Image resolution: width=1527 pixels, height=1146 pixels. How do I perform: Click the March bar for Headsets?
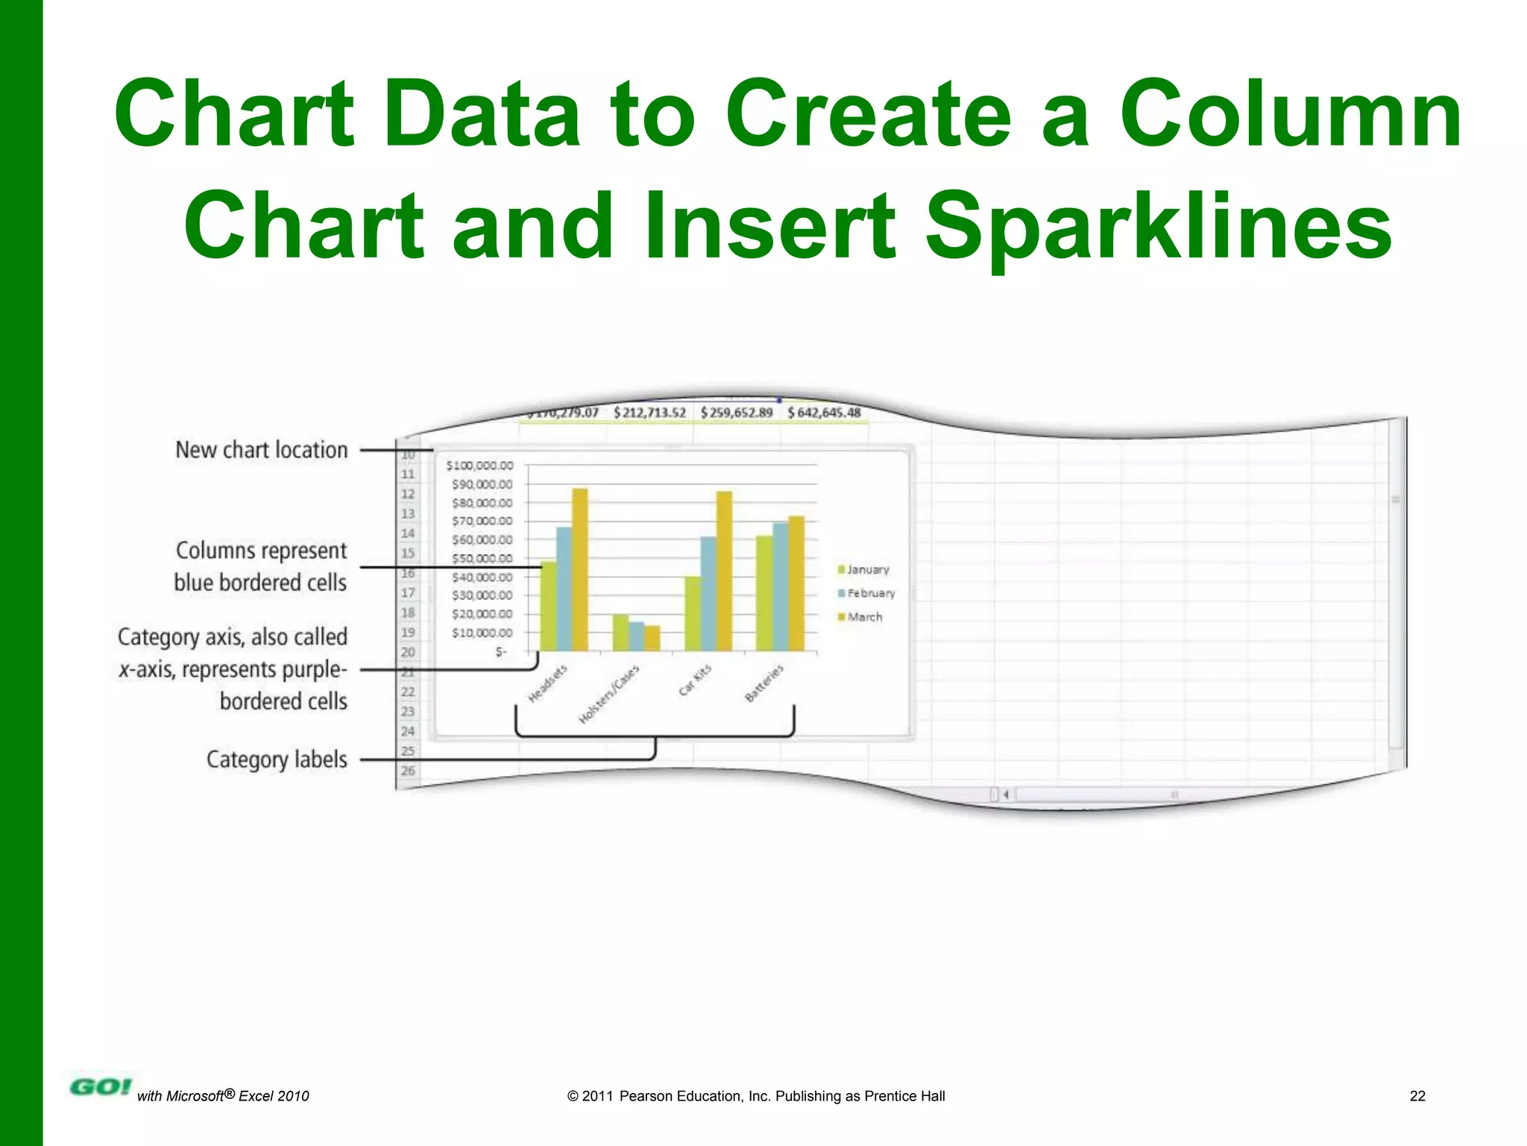pos(579,570)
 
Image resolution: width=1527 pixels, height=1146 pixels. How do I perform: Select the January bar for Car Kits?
pos(693,613)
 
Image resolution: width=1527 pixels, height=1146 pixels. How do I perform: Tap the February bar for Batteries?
pos(780,586)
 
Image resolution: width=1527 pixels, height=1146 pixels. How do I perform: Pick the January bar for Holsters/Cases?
pos(620,633)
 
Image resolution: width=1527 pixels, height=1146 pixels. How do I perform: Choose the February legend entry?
pos(866,594)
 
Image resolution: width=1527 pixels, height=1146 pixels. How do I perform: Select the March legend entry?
pos(860,618)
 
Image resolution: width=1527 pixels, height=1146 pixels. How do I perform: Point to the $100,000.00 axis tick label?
pos(479,466)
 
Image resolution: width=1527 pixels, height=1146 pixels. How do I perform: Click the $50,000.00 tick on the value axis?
pos(482,559)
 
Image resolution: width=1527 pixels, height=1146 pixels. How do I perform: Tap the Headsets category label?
pos(548,683)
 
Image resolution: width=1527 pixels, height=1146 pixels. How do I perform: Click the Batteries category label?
pos(765,683)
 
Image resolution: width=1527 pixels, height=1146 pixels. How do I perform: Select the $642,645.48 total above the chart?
pos(824,413)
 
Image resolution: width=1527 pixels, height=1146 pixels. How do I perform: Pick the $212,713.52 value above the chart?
pos(649,413)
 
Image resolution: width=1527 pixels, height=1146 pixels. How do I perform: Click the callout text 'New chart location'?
pos(262,451)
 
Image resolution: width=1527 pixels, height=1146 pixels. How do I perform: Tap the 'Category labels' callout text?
pos(277,760)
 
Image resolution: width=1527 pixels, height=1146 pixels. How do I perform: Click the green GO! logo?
pos(100,1087)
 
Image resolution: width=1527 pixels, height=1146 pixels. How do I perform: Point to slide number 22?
pos(1417,1096)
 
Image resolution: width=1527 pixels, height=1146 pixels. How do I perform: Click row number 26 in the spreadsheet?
pos(408,771)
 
